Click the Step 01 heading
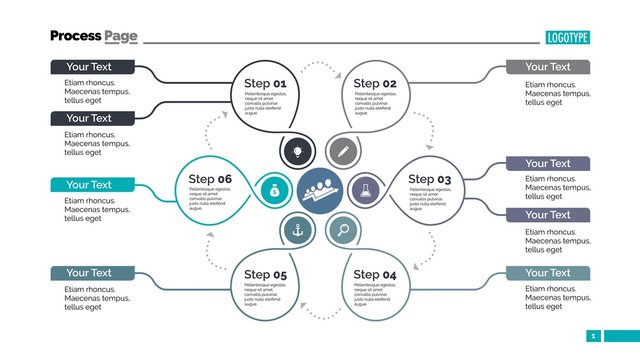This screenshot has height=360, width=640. [x=265, y=84]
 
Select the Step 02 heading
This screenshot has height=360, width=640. [x=375, y=84]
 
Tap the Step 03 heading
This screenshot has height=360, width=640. [x=429, y=180]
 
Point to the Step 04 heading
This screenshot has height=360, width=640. [x=375, y=275]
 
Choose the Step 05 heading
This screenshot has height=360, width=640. [x=265, y=275]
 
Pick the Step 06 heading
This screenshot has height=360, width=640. [x=210, y=180]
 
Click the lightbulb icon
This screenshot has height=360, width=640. [x=297, y=151]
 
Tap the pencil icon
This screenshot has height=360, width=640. [x=343, y=151]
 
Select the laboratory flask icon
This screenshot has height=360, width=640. [x=366, y=189]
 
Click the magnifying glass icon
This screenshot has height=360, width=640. [x=343, y=229]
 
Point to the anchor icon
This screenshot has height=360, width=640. [x=297, y=229]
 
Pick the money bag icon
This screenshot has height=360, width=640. [x=273, y=189]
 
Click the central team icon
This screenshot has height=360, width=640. [x=320, y=189]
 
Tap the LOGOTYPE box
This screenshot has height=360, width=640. [x=567, y=37]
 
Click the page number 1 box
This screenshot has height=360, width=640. [x=593, y=336]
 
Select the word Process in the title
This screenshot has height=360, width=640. [x=75, y=36]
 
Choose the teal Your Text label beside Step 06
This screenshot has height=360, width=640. [x=91, y=184]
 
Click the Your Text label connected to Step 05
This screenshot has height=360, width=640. [x=91, y=272]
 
